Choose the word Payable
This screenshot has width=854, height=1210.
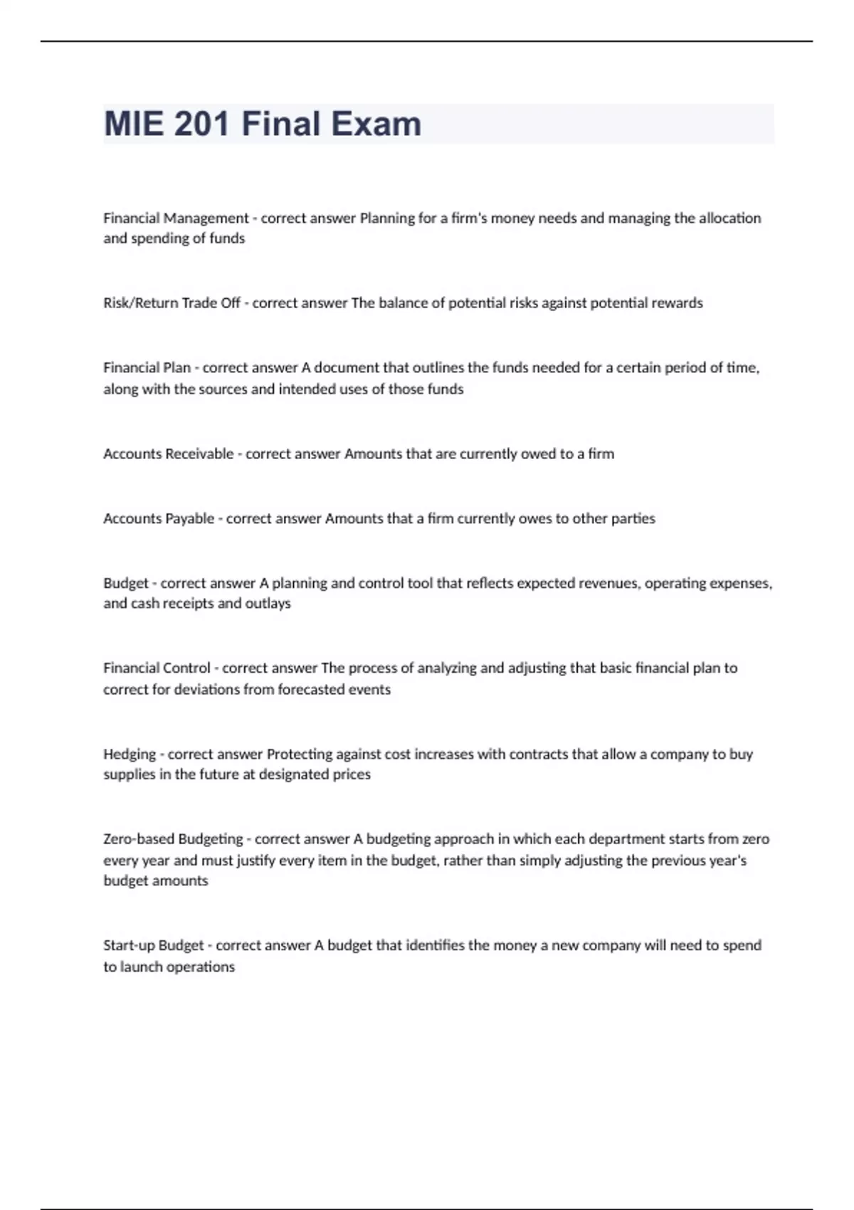tap(189, 519)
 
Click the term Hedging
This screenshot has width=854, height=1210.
tap(130, 754)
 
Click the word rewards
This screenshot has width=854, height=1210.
tap(677, 303)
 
